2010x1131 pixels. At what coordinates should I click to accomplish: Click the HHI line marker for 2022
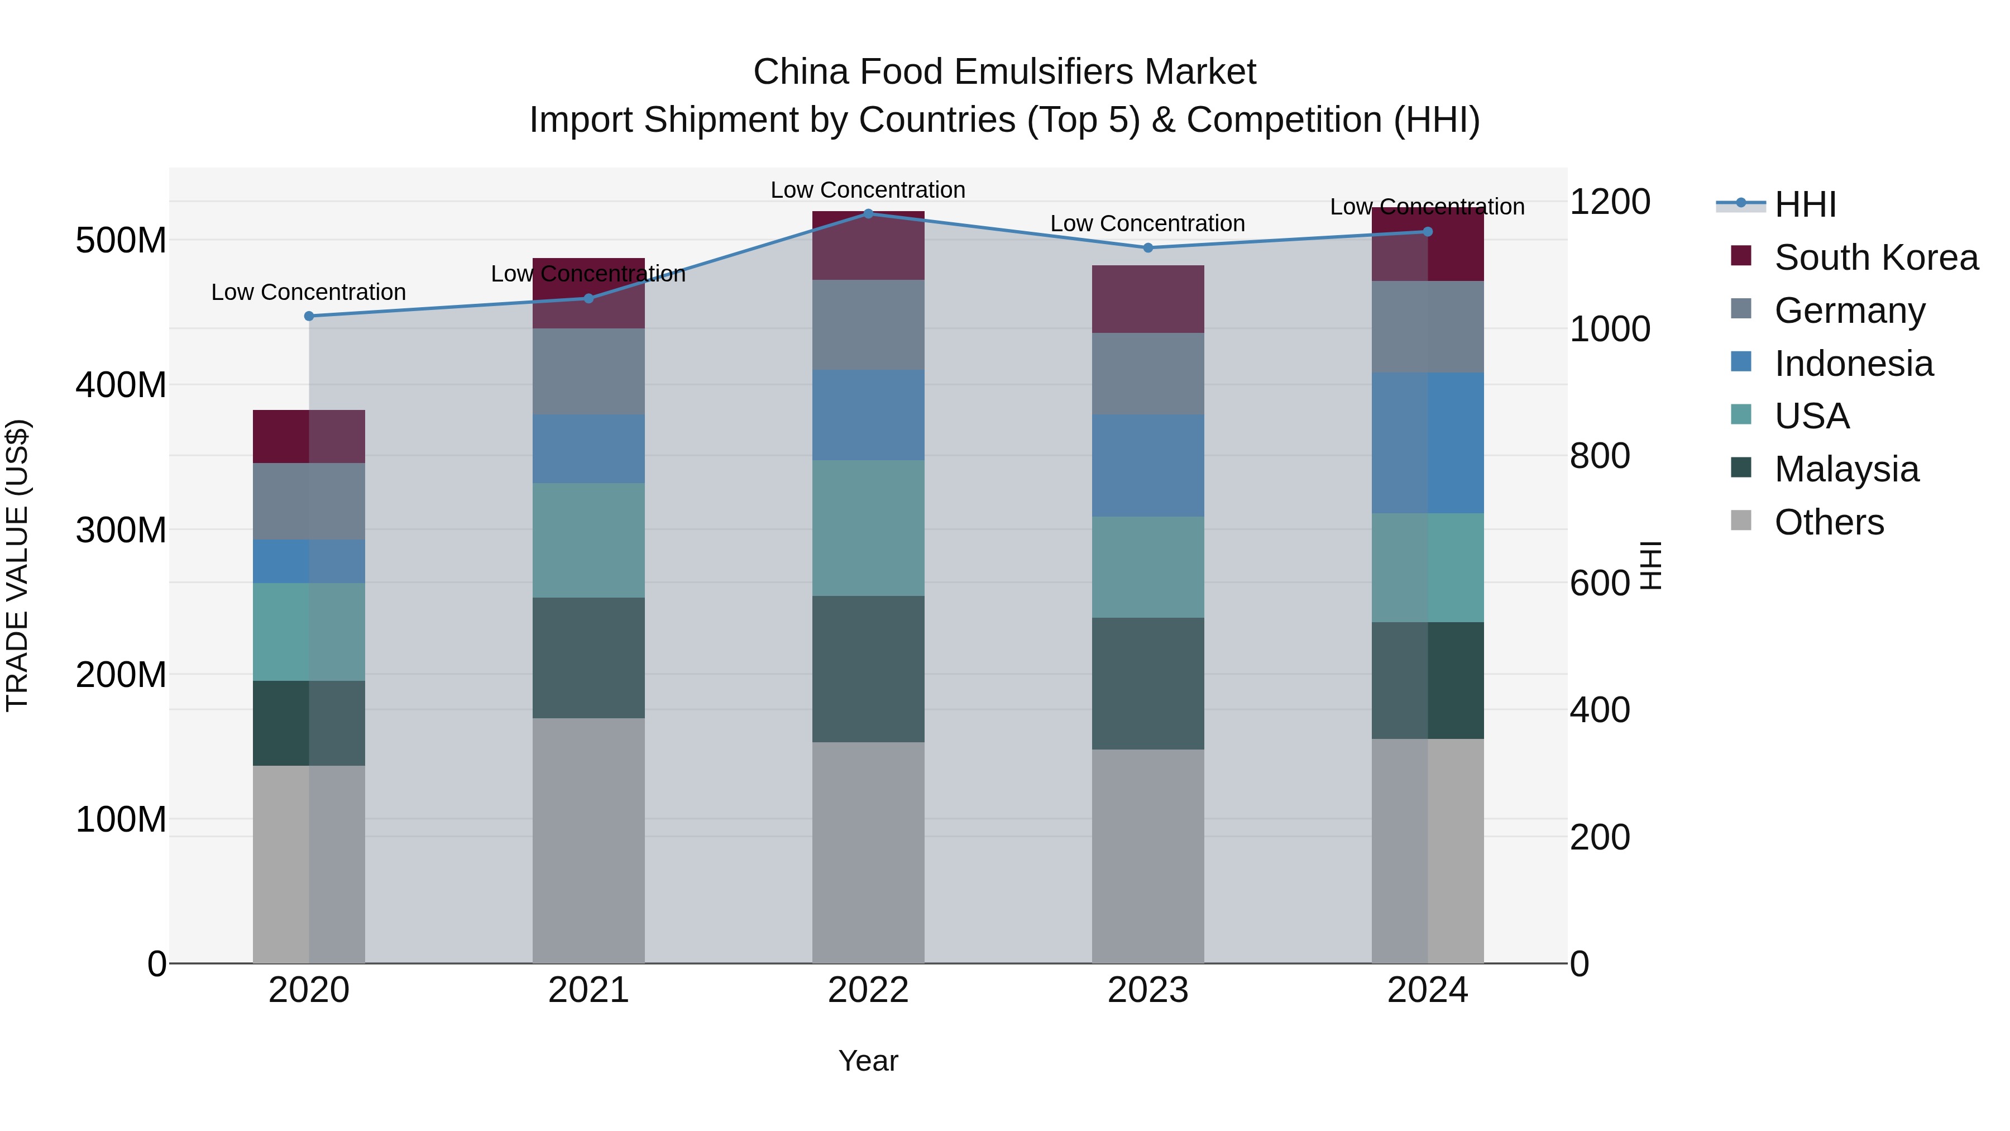[868, 213]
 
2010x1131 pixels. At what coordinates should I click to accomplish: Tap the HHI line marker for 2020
[309, 316]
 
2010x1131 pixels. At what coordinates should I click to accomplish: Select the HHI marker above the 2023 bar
[1148, 248]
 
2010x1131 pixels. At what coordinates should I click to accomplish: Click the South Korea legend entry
[1876, 257]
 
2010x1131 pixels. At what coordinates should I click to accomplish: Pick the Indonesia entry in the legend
[1853, 364]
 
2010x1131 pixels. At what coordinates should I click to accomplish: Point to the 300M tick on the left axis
[121, 531]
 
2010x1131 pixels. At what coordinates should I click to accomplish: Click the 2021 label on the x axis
[588, 990]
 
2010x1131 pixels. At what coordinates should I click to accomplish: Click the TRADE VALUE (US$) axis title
[17, 566]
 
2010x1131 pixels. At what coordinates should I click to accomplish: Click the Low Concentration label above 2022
[868, 190]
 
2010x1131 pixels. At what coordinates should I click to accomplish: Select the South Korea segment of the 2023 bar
[1148, 300]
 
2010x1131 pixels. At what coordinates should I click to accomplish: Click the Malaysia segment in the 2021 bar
[588, 658]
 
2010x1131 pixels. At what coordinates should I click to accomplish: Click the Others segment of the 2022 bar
[868, 852]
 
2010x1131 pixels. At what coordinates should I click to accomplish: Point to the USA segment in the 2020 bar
[309, 632]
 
